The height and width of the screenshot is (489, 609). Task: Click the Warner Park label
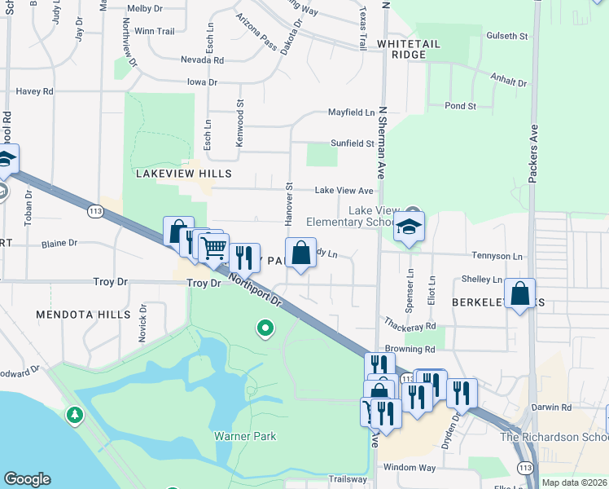pyautogui.click(x=245, y=436)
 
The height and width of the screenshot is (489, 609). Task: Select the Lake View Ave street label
pyautogui.click(x=344, y=191)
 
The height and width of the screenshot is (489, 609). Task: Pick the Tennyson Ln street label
pyautogui.click(x=499, y=256)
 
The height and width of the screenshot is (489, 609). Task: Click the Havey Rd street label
pyautogui.click(x=34, y=91)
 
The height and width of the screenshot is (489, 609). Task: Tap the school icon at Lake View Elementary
pyautogui.click(x=410, y=228)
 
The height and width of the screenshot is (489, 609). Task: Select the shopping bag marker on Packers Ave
pyautogui.click(x=519, y=293)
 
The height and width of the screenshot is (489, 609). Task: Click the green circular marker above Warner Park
pyautogui.click(x=265, y=329)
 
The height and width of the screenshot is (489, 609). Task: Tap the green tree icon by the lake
pyautogui.click(x=75, y=416)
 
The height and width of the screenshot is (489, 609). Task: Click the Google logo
pyautogui.click(x=27, y=479)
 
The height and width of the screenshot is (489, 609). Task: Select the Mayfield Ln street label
pyautogui.click(x=351, y=112)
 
